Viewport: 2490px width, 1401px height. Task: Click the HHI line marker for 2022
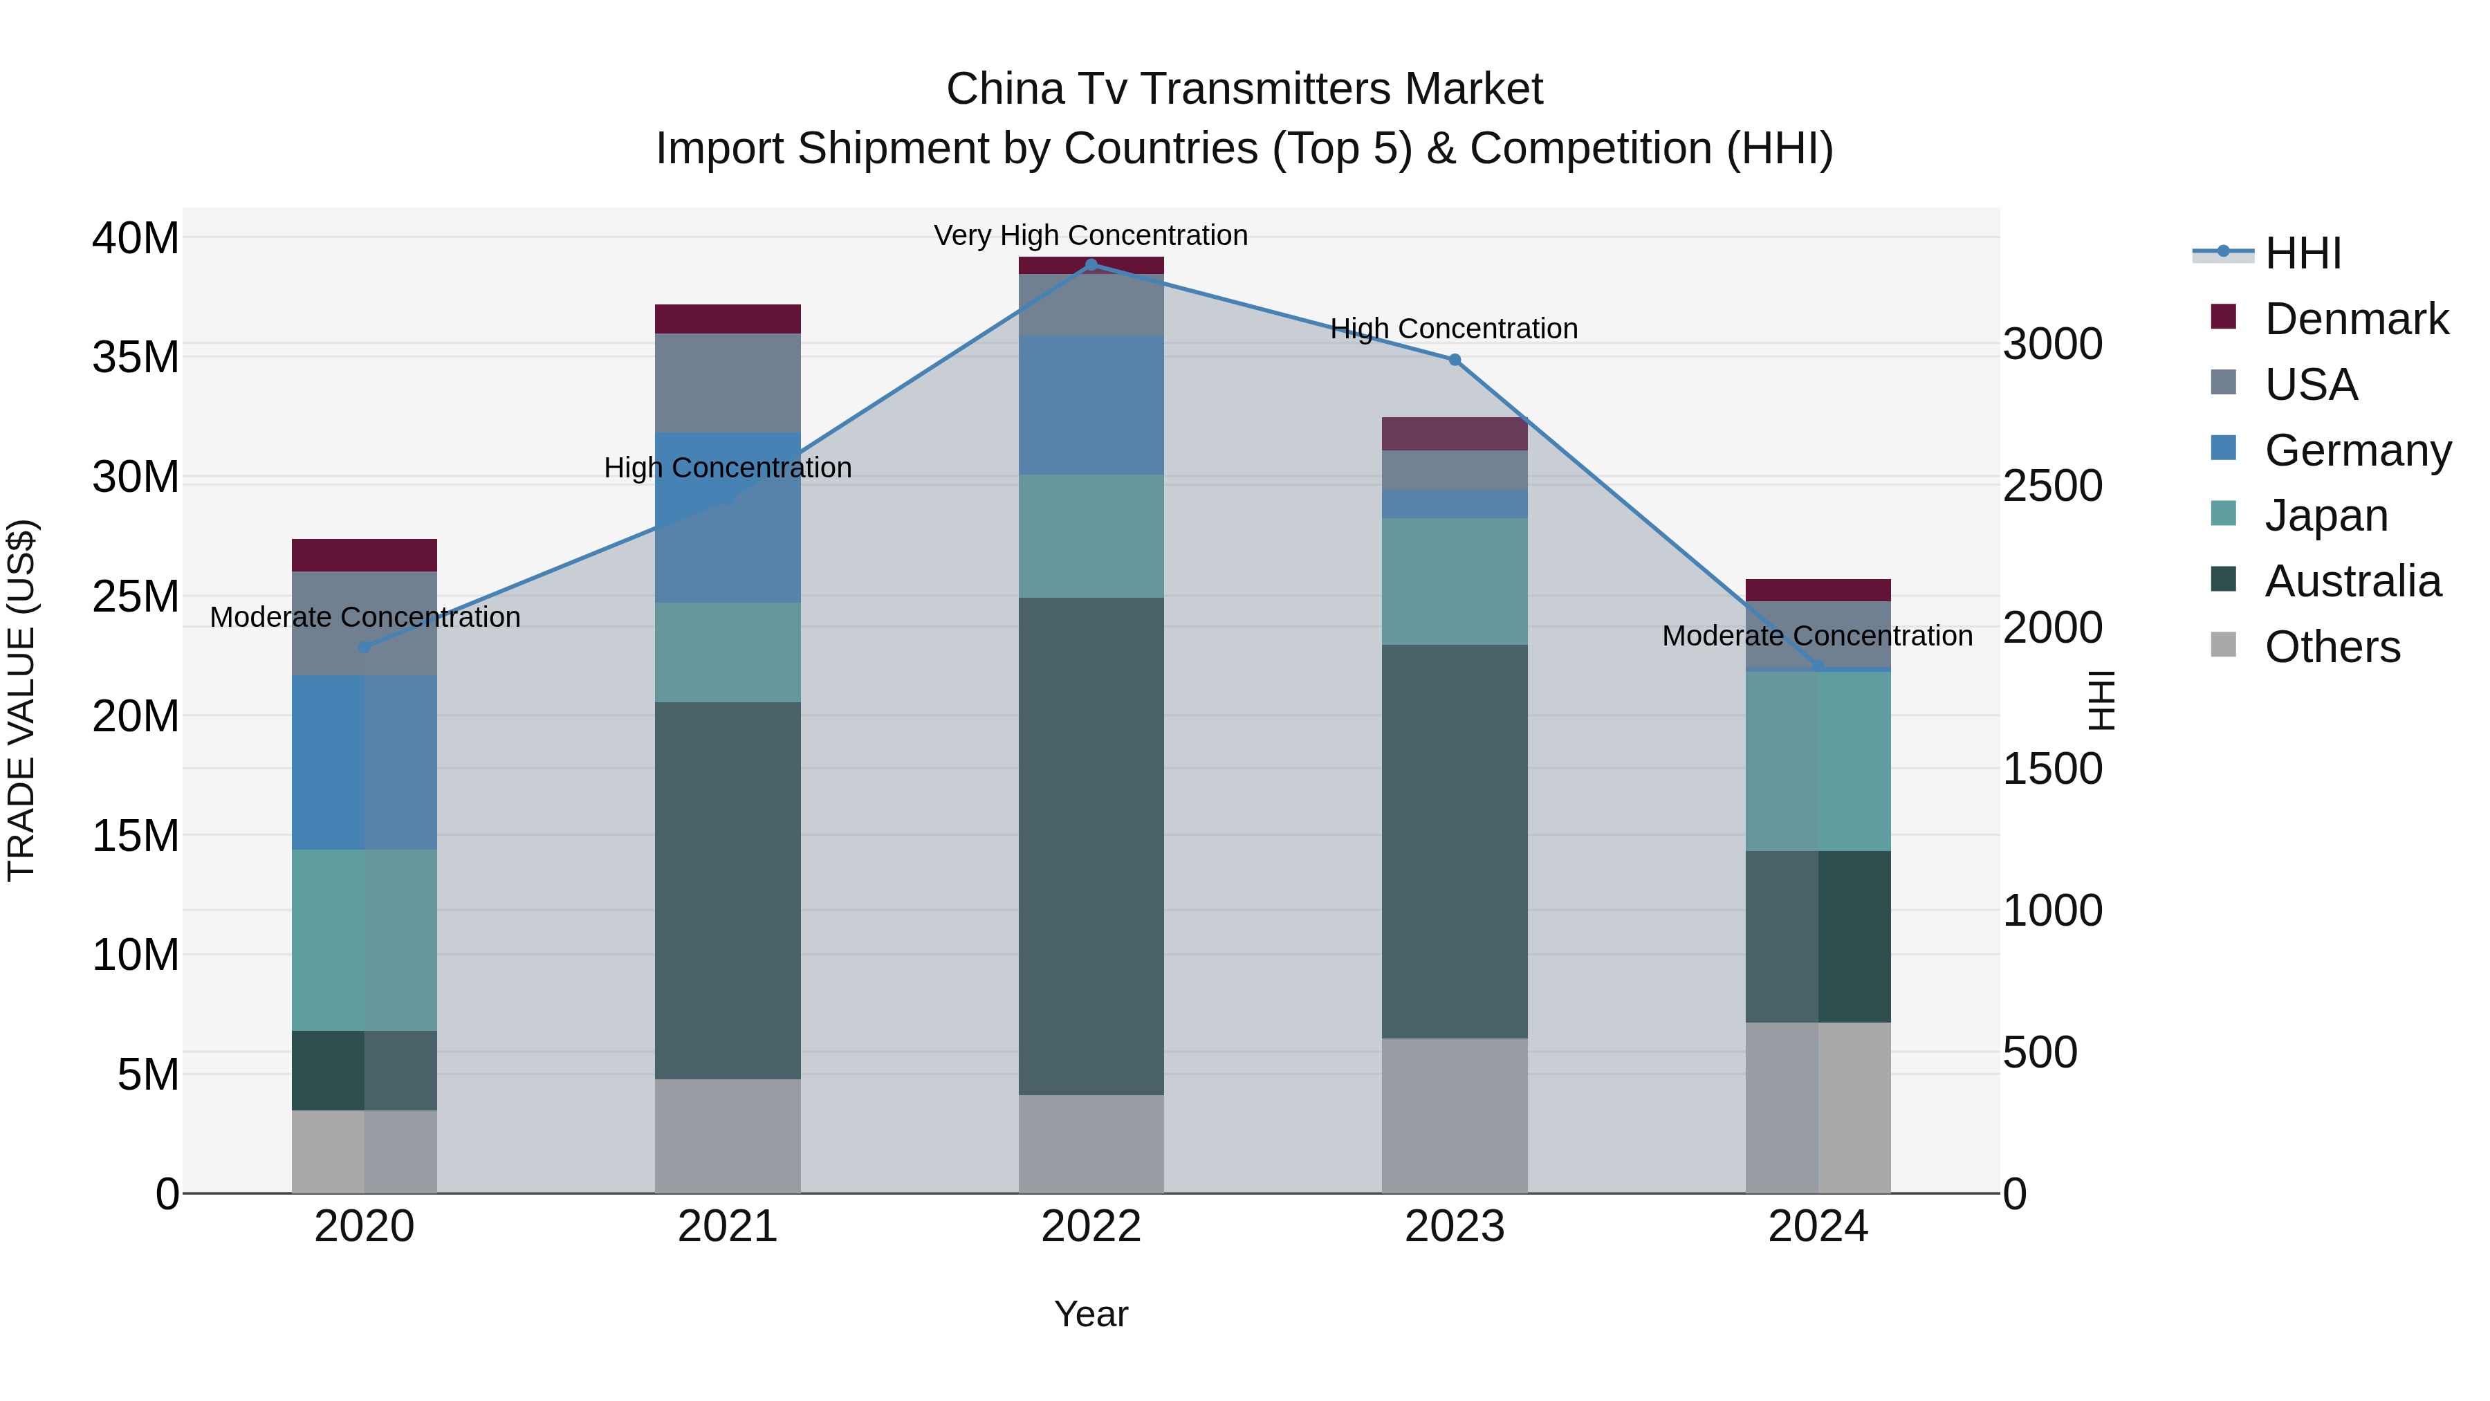[1091, 264]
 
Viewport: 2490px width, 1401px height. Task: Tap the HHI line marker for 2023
[1455, 360]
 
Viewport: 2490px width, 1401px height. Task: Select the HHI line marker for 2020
[365, 647]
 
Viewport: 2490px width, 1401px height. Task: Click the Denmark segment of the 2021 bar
[728, 319]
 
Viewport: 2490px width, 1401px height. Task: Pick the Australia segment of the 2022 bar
[1091, 846]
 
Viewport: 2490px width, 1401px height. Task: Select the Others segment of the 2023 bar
[1455, 1115]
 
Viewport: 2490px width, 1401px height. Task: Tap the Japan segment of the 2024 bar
[1818, 761]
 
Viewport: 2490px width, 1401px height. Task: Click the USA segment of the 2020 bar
[365, 623]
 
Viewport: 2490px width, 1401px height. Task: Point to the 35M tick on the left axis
[136, 358]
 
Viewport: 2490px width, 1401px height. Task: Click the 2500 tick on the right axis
[2052, 486]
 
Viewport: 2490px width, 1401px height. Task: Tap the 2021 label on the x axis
[728, 1227]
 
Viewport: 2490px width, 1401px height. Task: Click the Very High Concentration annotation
[1091, 235]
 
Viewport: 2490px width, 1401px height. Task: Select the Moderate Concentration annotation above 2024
[1817, 637]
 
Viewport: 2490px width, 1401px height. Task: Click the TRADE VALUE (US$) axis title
[21, 700]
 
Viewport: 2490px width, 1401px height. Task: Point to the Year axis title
[1091, 1314]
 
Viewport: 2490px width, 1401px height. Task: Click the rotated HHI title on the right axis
[2101, 700]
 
